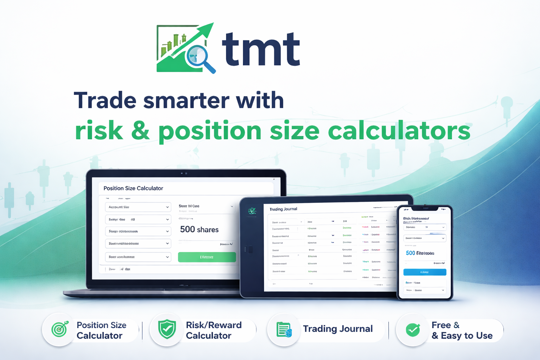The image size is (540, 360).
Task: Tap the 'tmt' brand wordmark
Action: point(261,49)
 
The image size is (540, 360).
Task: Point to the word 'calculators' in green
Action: point(399,131)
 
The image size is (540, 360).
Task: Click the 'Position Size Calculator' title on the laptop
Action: point(133,188)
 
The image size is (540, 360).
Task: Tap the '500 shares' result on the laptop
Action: point(199,230)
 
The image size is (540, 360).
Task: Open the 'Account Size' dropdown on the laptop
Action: point(138,207)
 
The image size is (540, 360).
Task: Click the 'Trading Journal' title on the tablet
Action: point(283,209)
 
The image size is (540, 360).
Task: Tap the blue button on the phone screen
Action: point(425,272)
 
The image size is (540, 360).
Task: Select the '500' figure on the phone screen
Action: point(410,253)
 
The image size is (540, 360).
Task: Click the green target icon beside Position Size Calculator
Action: point(59,329)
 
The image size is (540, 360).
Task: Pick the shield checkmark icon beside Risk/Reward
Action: point(167,329)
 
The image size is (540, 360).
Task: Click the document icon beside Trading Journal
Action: point(284,329)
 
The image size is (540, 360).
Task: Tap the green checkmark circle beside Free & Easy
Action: point(413,330)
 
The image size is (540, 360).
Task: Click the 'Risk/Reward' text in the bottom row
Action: point(214,325)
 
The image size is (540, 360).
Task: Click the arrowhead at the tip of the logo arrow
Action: point(209,28)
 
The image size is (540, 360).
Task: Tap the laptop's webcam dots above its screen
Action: point(184,173)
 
